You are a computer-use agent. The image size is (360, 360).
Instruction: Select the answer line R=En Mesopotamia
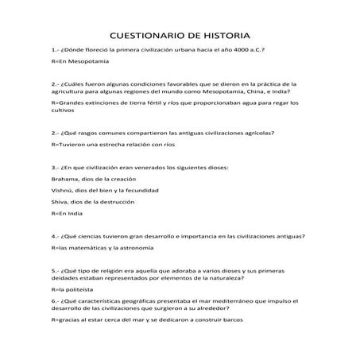tap(79, 61)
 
